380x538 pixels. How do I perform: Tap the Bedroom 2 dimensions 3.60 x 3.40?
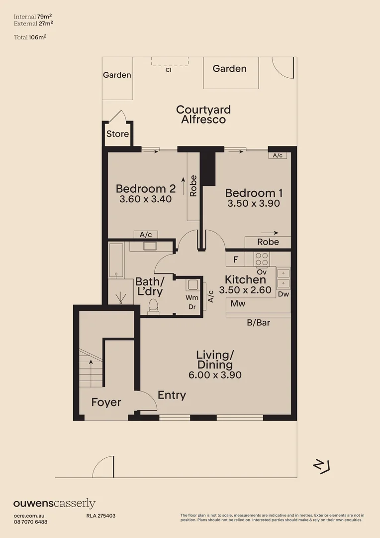[145, 199]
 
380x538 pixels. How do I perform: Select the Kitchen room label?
[245, 279]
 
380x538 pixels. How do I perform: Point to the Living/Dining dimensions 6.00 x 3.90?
[215, 375]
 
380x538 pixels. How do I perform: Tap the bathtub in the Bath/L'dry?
[116, 260]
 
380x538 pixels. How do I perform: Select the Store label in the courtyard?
[117, 134]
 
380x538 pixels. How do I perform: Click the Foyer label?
[106, 402]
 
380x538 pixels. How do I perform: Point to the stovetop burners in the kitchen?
[262, 259]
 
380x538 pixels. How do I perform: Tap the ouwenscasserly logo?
[54, 504]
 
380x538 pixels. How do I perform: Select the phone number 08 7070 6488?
[30, 522]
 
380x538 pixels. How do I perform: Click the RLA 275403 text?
[97, 516]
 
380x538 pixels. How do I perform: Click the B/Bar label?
[258, 323]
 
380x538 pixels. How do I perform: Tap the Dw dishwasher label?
[283, 294]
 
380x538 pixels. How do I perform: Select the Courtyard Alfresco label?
[203, 115]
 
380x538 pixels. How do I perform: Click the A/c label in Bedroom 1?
[278, 155]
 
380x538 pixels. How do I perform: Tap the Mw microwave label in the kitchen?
[238, 303]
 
